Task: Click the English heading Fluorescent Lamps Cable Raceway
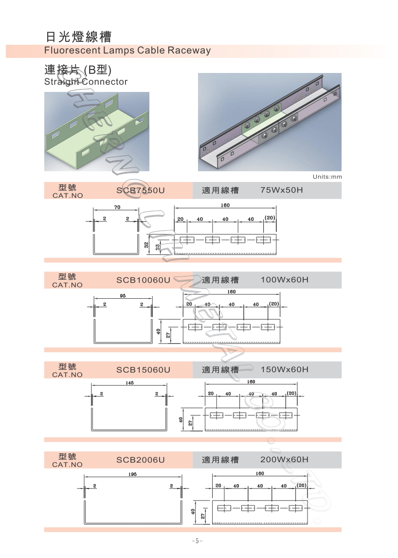click(127, 51)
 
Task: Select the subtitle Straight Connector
click(86, 82)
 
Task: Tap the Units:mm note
click(327, 177)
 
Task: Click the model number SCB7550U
click(141, 190)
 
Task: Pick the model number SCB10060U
click(144, 280)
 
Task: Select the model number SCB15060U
click(144, 370)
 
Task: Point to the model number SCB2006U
click(141, 460)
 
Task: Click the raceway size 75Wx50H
click(282, 190)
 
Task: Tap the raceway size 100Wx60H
click(285, 280)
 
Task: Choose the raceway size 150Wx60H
click(285, 369)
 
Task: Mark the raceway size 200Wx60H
click(285, 459)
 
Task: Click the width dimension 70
click(117, 207)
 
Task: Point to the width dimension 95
click(123, 296)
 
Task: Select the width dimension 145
click(129, 383)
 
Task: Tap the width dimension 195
click(132, 474)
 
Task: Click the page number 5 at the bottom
click(197, 541)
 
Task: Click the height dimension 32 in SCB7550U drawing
click(146, 245)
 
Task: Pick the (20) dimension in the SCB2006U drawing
click(302, 486)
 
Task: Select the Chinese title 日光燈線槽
click(79, 36)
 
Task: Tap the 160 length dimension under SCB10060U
click(232, 292)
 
